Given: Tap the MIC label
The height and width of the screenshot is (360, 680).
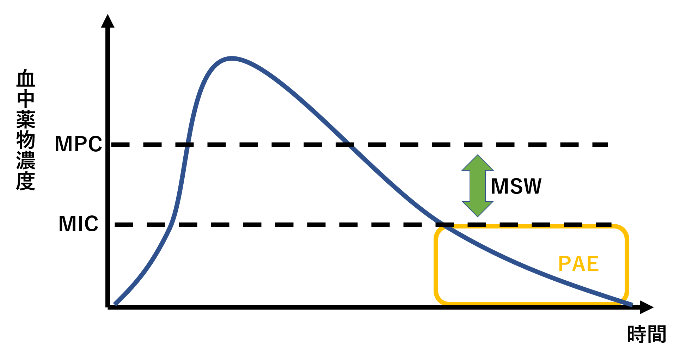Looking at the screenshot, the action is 78,224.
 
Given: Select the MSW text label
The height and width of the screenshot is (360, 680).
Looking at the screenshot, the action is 516,186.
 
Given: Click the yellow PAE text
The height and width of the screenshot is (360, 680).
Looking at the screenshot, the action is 578,264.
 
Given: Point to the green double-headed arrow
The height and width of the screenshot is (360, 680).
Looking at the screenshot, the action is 478,186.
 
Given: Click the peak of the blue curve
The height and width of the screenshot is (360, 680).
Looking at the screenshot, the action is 231,58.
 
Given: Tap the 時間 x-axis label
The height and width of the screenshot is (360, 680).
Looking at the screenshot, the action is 647,334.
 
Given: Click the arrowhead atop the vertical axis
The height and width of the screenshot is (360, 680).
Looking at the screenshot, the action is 108,21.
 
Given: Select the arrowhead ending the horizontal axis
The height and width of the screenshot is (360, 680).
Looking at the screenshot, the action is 647,307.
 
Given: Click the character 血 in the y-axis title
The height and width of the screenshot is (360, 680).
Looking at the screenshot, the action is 26,78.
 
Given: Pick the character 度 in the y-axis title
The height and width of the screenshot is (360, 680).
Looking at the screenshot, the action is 26,181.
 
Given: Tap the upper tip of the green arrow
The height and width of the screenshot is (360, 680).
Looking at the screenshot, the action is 478,155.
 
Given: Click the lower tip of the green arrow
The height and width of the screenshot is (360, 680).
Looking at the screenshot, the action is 478,216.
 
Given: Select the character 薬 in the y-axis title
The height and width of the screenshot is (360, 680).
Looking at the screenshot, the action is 26,120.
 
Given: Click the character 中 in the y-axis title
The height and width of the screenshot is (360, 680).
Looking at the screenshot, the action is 26,99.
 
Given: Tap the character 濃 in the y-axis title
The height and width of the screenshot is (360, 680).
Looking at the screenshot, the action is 26,161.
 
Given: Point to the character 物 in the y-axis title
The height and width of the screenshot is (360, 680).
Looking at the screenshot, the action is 26,140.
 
